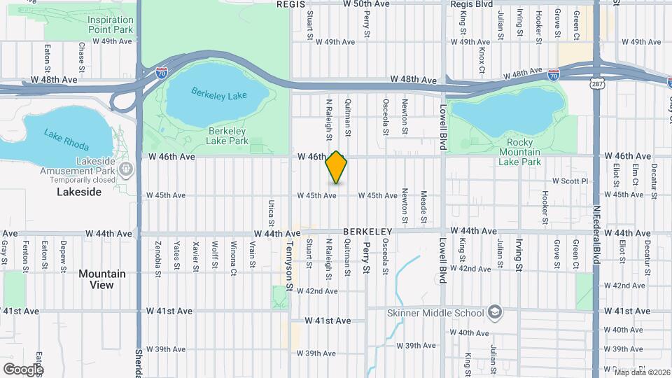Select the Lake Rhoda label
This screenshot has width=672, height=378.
point(62,134)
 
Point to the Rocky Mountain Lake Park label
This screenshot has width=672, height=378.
point(519,152)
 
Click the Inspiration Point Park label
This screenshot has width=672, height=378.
point(111,24)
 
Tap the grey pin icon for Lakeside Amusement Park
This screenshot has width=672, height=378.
point(126,169)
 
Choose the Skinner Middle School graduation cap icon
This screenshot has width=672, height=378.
point(495,311)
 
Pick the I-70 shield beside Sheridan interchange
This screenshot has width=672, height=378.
point(161,71)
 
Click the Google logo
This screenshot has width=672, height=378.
point(23,369)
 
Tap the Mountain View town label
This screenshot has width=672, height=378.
point(101,279)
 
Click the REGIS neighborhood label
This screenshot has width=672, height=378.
point(292,4)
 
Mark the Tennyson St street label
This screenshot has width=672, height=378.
point(290,267)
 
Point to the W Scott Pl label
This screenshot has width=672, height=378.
point(572,181)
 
